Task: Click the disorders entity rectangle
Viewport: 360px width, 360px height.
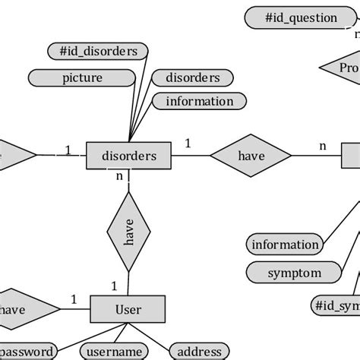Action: point(129,156)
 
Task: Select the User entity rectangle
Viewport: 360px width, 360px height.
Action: point(128,310)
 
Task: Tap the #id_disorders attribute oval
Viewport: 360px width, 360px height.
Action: point(98,52)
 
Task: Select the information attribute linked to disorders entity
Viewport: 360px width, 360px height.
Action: point(200,101)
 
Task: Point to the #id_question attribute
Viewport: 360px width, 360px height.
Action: point(302,17)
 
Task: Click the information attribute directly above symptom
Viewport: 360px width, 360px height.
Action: point(285,245)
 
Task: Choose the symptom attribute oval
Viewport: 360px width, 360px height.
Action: point(295,273)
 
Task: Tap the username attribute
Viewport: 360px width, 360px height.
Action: point(114,351)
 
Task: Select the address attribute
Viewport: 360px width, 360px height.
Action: point(199,351)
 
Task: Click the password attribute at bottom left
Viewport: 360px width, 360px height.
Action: point(27,351)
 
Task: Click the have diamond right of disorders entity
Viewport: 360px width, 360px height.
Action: point(251,156)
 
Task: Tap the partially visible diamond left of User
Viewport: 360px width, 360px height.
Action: point(23,309)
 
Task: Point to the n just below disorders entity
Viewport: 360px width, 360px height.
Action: point(119,176)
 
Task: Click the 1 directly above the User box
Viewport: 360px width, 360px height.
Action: point(114,286)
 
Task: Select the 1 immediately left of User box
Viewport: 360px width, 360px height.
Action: point(74,299)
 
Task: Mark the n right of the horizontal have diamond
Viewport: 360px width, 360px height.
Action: point(322,145)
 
